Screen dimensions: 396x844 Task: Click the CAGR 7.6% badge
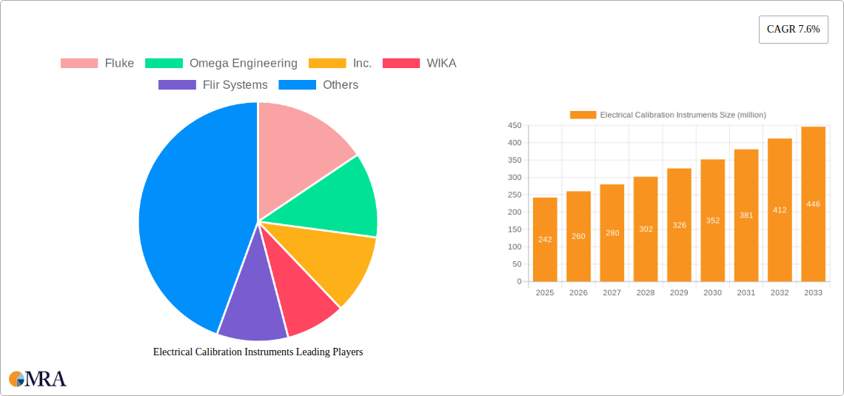click(x=793, y=30)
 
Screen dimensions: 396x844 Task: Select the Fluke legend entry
click(x=97, y=64)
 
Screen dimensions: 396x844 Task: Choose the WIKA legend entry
click(x=419, y=64)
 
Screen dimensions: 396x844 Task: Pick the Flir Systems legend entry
click(x=212, y=85)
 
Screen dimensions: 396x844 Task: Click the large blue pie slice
click(x=185, y=222)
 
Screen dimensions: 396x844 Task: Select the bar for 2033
click(x=813, y=204)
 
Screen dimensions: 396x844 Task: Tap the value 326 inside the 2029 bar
click(x=679, y=225)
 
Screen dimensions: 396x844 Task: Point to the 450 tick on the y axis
click(x=514, y=126)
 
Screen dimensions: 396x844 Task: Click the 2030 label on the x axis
click(x=712, y=293)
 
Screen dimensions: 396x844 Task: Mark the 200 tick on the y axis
click(x=514, y=212)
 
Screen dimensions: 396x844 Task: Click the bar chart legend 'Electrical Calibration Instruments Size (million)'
click(x=668, y=115)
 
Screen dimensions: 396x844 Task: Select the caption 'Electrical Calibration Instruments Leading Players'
click(x=258, y=352)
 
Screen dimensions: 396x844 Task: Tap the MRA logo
click(x=38, y=379)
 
